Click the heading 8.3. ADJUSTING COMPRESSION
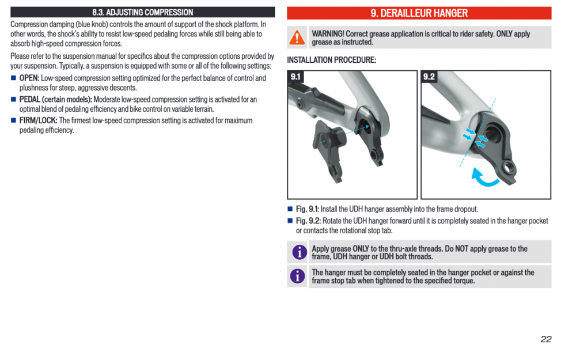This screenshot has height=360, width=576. (x=142, y=12)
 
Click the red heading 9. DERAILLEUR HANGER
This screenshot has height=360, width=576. (x=419, y=13)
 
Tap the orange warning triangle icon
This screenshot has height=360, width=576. (x=297, y=37)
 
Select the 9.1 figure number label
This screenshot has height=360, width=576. (x=295, y=77)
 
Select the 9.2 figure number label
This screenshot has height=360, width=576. (x=429, y=77)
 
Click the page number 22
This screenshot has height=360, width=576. (x=545, y=339)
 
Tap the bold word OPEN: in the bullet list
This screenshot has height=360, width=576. (x=29, y=78)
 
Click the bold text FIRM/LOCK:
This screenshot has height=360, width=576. (x=39, y=120)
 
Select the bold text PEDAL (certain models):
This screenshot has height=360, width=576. (x=55, y=100)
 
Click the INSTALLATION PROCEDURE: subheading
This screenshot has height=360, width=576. (x=331, y=60)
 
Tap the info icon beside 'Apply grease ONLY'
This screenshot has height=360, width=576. (x=298, y=252)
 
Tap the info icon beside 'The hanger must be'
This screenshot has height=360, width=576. (x=298, y=276)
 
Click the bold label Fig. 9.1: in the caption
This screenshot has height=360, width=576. (x=308, y=209)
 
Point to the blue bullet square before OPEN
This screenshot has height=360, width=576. (x=14, y=78)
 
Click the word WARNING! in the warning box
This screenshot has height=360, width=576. (x=328, y=34)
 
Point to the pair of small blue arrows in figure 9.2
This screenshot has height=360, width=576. (x=475, y=136)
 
